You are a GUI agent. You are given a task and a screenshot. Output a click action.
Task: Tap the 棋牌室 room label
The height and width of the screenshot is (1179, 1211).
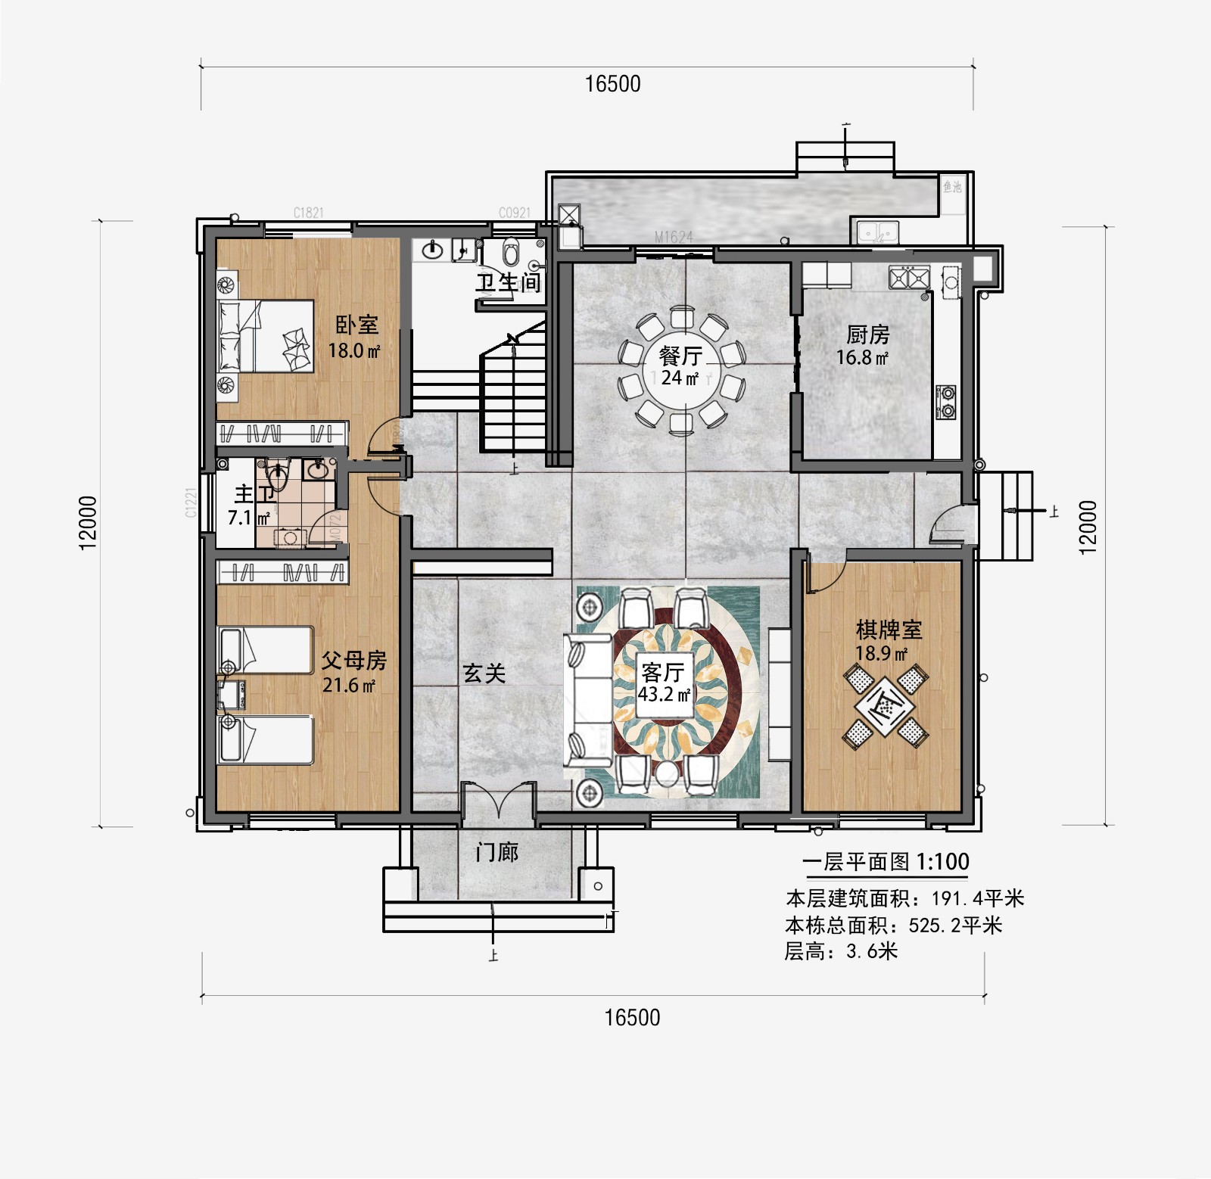pyautogui.click(x=889, y=630)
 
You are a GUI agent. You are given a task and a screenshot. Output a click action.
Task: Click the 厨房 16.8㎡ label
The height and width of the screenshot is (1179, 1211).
pyautogui.click(x=866, y=345)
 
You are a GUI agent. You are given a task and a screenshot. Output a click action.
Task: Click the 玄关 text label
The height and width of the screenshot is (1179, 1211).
pyautogui.click(x=484, y=673)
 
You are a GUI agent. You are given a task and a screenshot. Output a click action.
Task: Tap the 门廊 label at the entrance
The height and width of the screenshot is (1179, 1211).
pyautogui.click(x=497, y=853)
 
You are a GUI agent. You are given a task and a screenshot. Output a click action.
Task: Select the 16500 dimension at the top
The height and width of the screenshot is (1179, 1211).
pyautogui.click(x=612, y=84)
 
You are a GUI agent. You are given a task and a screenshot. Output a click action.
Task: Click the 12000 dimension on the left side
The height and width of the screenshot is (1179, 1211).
pyautogui.click(x=89, y=522)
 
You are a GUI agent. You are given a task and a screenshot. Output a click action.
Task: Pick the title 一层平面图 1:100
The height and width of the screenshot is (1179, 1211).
pyautogui.click(x=886, y=861)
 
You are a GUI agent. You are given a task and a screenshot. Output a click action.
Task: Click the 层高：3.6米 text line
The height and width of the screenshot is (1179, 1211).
pyautogui.click(x=840, y=951)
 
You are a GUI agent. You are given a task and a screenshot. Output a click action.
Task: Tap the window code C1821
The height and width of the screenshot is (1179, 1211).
pyautogui.click(x=308, y=213)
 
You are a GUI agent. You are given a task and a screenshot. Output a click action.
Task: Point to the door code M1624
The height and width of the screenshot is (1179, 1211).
pyautogui.click(x=673, y=237)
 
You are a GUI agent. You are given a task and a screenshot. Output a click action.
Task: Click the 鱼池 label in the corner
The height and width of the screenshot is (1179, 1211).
pyautogui.click(x=952, y=186)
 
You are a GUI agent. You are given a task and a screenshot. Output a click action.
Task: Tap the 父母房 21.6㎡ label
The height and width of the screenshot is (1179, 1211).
pyautogui.click(x=353, y=672)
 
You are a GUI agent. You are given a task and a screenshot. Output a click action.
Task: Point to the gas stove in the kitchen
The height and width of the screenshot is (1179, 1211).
pyautogui.click(x=946, y=402)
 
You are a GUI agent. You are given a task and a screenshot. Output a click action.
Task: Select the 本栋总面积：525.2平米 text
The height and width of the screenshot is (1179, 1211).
pyautogui.click(x=893, y=925)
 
